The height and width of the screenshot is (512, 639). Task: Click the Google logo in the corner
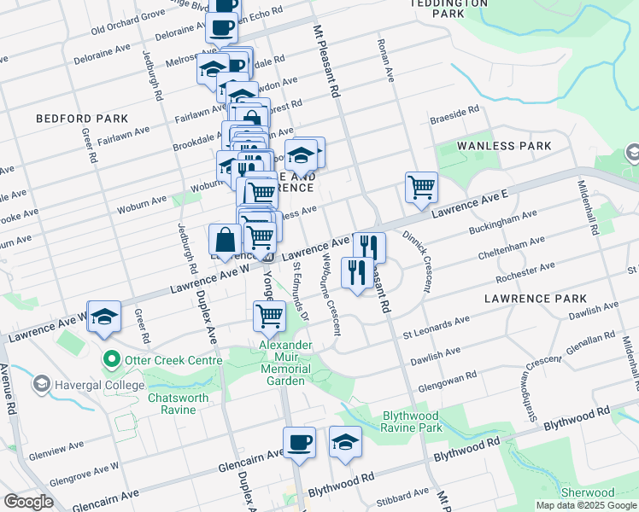28,502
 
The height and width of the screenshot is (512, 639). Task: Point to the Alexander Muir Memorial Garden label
286,363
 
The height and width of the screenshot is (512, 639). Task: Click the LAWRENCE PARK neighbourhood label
536,299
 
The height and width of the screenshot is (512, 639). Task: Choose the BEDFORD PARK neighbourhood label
82,119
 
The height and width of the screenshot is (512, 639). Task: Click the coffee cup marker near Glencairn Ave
299,443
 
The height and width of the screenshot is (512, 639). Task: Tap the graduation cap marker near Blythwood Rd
345,443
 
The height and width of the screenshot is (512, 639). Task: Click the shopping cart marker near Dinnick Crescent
421,187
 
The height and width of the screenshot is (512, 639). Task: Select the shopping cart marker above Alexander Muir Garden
270,316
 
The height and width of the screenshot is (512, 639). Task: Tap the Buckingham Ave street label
503,224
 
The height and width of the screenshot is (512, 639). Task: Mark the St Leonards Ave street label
437,324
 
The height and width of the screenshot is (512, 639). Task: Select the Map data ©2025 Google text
586,505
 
